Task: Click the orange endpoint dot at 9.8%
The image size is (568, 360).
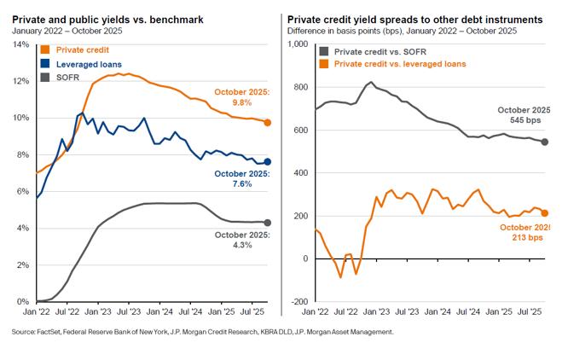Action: (268, 123)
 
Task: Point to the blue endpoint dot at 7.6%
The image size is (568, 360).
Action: (268, 162)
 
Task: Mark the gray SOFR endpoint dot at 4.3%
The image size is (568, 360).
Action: (268, 223)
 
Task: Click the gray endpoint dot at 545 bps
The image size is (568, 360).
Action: (545, 142)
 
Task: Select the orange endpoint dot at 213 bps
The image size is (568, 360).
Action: (545, 213)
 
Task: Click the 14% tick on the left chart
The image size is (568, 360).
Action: (20, 44)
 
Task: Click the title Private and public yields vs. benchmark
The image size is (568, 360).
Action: (107, 19)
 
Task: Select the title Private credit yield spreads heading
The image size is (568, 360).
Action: (414, 19)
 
